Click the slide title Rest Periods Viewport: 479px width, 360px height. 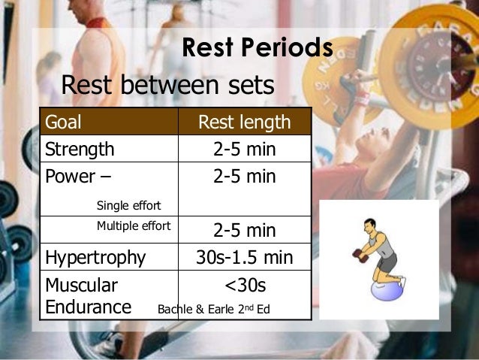pos(258,48)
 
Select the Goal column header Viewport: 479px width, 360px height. pos(64,122)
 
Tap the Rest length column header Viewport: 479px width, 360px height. pos(244,122)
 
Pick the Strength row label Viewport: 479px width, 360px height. pos(80,149)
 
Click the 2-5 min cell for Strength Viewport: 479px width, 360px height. pos(244,150)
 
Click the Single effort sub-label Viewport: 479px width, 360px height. pos(128,205)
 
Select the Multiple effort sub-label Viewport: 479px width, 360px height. pos(134,225)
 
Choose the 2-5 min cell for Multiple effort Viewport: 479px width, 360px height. pos(244,230)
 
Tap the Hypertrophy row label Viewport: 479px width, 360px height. pos(95,258)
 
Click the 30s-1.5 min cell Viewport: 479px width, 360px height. pos(244,258)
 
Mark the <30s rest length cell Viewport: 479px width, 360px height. pos(245,286)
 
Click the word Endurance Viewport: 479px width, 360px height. pos(89,307)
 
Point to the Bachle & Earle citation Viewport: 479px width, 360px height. pos(213,308)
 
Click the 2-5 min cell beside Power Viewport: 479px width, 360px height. pos(244,177)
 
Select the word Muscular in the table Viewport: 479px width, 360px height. pos(81,286)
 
